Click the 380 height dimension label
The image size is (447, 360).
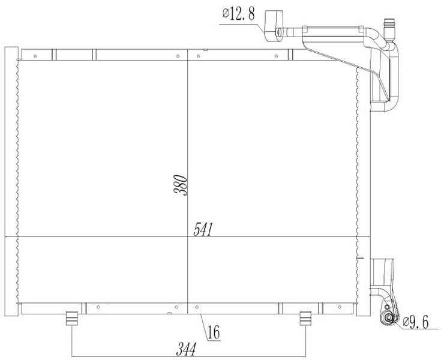181,185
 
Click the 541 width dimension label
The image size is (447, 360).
203,229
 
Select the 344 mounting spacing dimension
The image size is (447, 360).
187,349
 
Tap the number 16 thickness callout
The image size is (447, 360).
214,332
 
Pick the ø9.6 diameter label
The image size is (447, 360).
416,322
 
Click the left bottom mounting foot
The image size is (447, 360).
71,319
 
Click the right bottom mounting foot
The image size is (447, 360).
305,319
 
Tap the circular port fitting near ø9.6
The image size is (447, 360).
388,317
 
